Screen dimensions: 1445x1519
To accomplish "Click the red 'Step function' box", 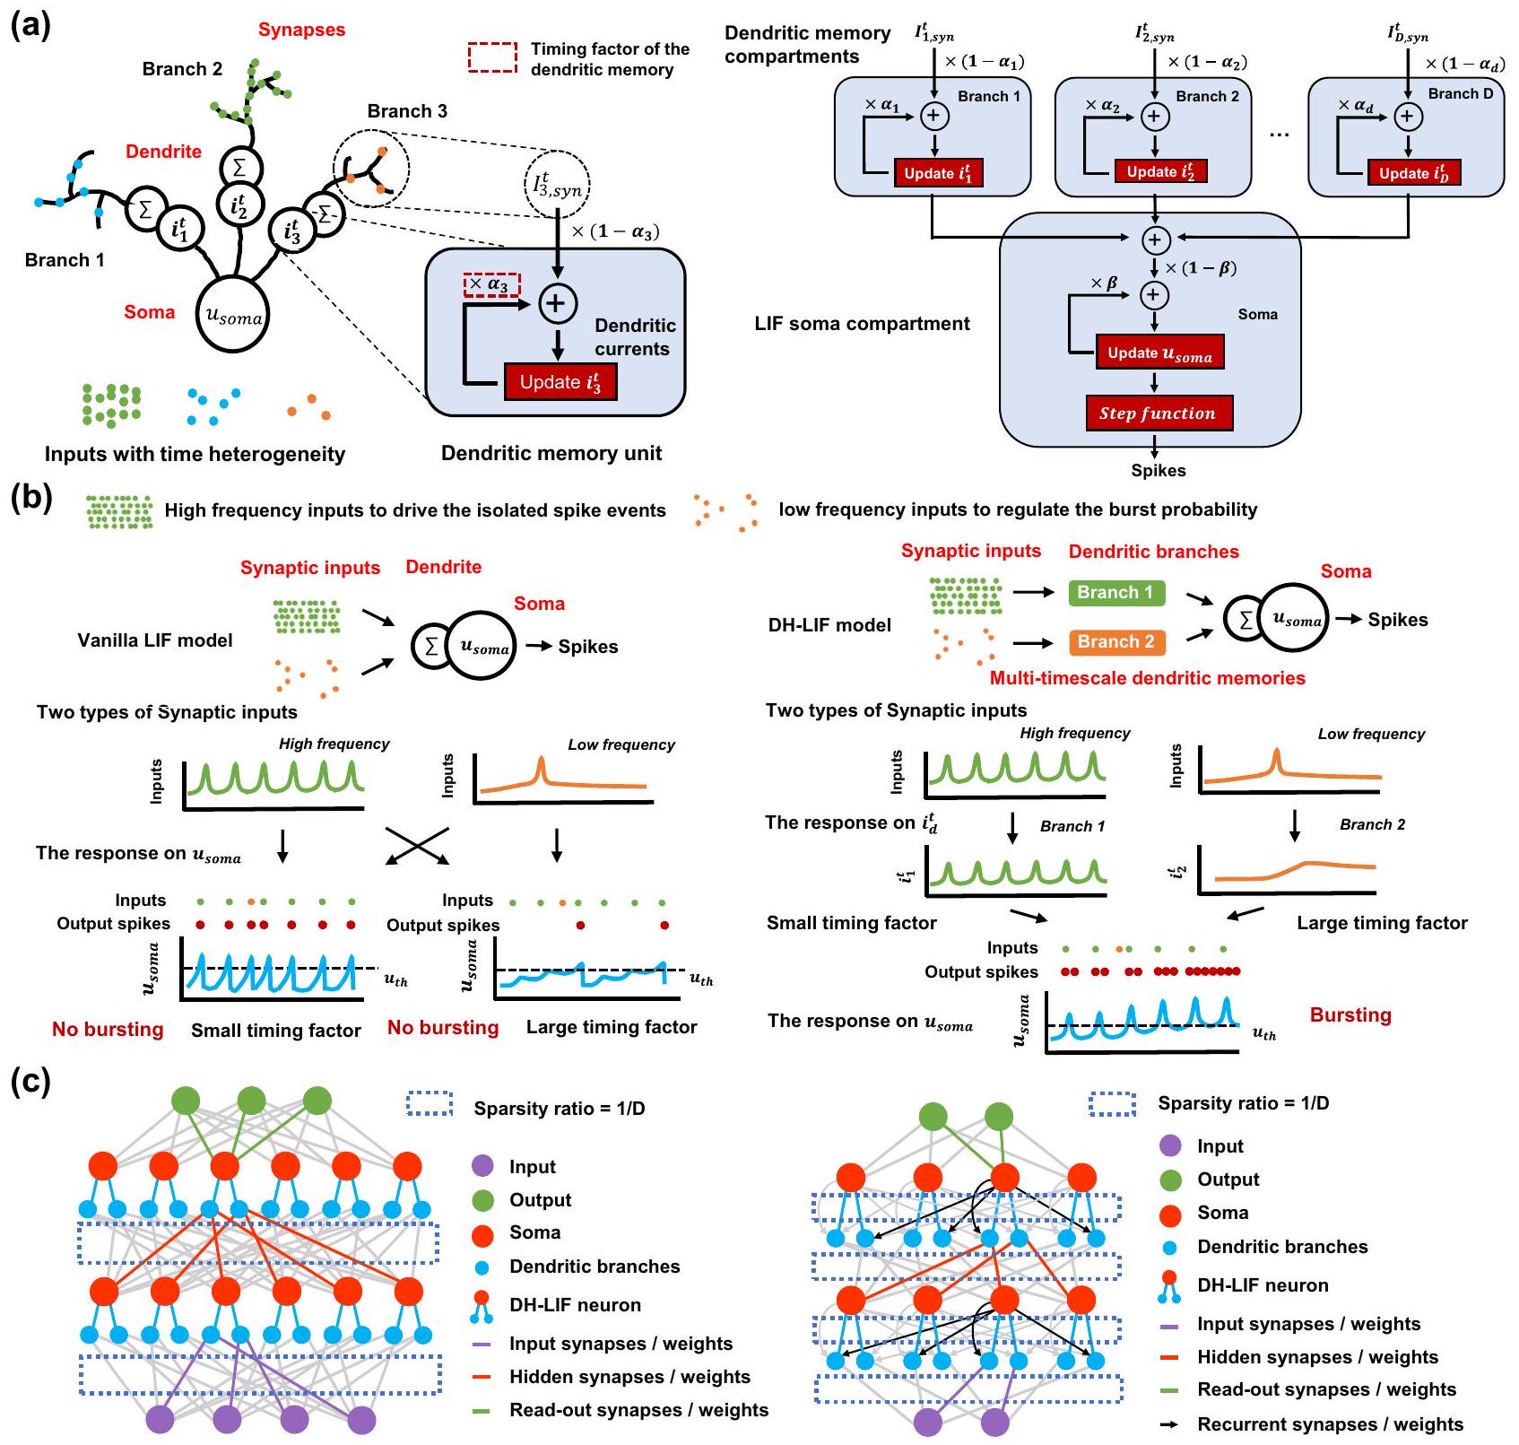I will click(1159, 413).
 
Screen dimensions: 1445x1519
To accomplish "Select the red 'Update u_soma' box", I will click(1159, 353).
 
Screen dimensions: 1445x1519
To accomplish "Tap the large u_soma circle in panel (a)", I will click(233, 315).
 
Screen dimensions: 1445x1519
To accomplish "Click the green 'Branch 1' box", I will click(1115, 592).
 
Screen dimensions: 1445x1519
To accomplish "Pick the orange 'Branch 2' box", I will click(1115, 641).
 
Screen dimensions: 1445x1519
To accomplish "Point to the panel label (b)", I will click(30, 498).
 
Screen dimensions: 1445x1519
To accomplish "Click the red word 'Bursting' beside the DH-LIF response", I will click(1350, 1015).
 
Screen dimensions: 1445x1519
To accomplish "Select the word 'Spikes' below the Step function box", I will click(1158, 470).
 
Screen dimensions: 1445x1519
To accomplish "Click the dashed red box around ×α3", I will click(491, 285).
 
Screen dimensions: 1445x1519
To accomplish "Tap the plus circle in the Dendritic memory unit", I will click(557, 303).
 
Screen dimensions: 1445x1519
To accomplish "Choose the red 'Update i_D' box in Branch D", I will click(1414, 173).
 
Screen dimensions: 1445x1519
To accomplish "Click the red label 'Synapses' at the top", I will click(301, 30).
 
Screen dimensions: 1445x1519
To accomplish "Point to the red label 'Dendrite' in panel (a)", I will click(163, 152).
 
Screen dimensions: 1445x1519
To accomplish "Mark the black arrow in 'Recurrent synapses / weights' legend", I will click(1170, 1424).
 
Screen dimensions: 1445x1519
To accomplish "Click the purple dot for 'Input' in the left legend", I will click(482, 1167).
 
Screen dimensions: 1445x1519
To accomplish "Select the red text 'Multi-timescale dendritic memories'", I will click(1147, 678).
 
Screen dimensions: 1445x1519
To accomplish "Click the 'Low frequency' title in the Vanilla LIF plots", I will click(621, 744).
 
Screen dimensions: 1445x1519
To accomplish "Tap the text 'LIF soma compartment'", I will click(862, 324).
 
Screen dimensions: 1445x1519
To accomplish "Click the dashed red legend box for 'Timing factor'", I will click(492, 57).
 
